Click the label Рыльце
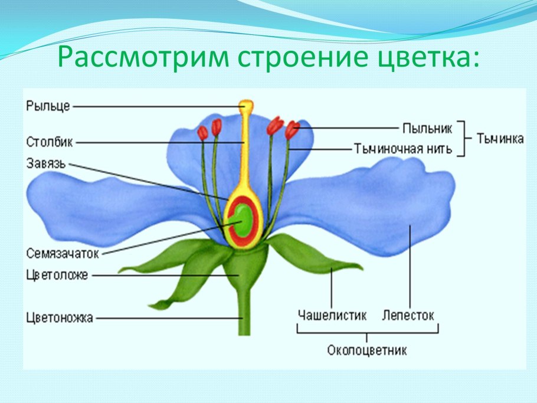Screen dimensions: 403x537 (x=48, y=106)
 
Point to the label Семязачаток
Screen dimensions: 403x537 (x=62, y=253)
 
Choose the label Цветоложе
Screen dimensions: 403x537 (x=57, y=275)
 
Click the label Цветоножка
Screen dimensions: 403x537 (x=60, y=318)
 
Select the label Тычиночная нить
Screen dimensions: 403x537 (x=403, y=148)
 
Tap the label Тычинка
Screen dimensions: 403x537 (x=501, y=139)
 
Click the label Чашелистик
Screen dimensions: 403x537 (x=331, y=315)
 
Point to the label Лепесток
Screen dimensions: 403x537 (x=408, y=315)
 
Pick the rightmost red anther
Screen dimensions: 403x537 (x=292, y=130)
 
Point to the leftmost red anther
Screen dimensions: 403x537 (x=202, y=133)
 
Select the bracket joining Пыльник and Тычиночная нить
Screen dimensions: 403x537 (x=463, y=139)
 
